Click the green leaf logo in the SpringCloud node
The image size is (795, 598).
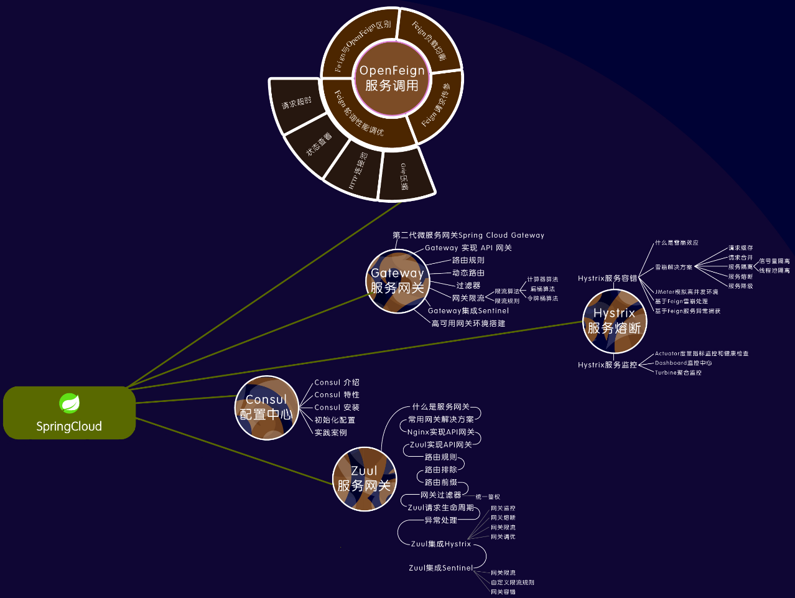[x=69, y=403]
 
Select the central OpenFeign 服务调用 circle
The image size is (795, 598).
[x=392, y=78]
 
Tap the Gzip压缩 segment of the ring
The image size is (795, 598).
[x=405, y=177]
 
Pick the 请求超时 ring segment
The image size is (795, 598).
[x=297, y=103]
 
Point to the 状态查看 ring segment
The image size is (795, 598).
[x=318, y=144]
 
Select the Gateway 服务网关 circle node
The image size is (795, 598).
[x=397, y=281]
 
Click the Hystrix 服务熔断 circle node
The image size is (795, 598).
[x=615, y=321]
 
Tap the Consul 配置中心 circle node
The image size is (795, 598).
[x=266, y=408]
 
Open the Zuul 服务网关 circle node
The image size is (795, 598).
[x=364, y=479]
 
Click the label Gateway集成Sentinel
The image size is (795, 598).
[x=468, y=311]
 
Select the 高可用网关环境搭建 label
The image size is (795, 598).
[x=468, y=324]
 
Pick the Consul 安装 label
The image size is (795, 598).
[x=337, y=408]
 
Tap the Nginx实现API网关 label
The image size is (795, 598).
[x=440, y=432]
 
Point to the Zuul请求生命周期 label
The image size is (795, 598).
[x=440, y=508]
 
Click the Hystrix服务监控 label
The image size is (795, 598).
[x=607, y=365]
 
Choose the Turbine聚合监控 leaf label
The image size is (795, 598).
[x=678, y=373]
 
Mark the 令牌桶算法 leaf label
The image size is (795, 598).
[x=542, y=299]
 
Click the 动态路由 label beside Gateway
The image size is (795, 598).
[x=468, y=273]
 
